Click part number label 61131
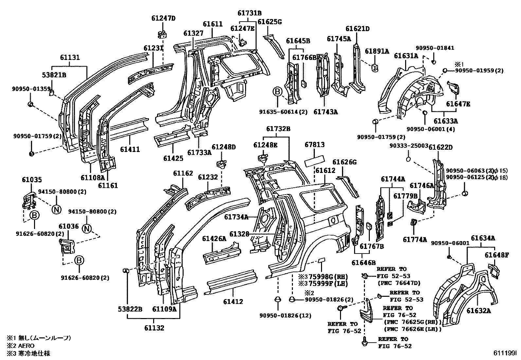(69, 58)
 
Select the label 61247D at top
(163, 18)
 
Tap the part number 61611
(212, 24)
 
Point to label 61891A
(377, 51)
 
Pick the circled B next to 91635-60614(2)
(278, 92)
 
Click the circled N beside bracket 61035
(56, 209)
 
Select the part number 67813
(314, 144)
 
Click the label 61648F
(496, 255)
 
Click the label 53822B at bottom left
(130, 309)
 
